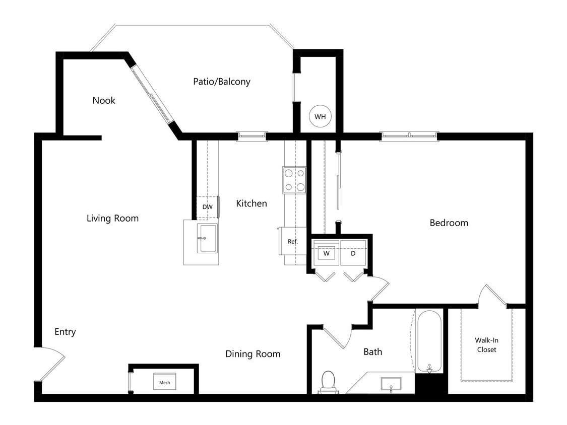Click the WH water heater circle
(x=320, y=116)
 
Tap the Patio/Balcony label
(x=221, y=81)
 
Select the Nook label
(x=104, y=100)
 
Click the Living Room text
(x=112, y=218)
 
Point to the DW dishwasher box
(x=207, y=207)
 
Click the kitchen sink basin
(x=207, y=238)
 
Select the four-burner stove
(x=294, y=180)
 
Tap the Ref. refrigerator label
(x=293, y=242)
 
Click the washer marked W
(x=326, y=253)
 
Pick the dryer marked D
(x=353, y=253)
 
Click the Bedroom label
(x=449, y=223)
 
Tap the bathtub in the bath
(x=429, y=341)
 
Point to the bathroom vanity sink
(x=391, y=384)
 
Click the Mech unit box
(x=165, y=382)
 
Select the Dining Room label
(x=253, y=354)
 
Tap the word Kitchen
(x=251, y=203)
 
